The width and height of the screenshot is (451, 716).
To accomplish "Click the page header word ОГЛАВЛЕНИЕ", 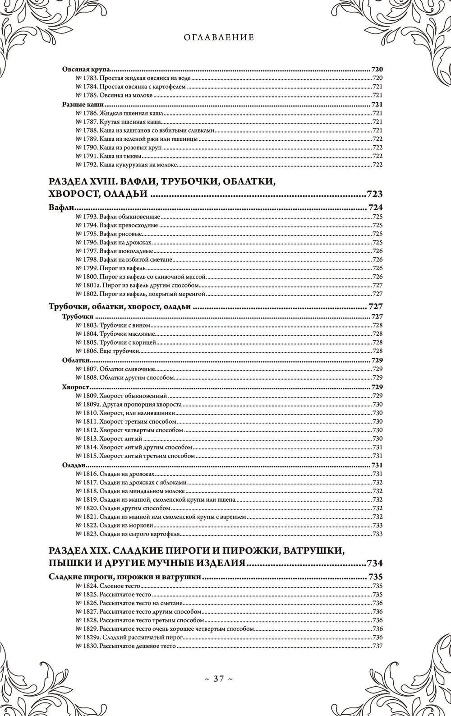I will [219, 37].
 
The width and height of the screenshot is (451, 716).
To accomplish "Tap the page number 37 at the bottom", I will [219, 678].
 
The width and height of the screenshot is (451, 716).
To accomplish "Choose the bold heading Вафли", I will [61, 208].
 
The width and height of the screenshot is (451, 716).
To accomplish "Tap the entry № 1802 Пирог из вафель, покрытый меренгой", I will [139, 294].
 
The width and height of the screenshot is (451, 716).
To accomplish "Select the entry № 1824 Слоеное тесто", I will [110, 586].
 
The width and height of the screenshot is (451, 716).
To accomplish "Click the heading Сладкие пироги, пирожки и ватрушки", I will [124, 577].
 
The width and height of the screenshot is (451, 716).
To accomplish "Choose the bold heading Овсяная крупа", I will [86, 70].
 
